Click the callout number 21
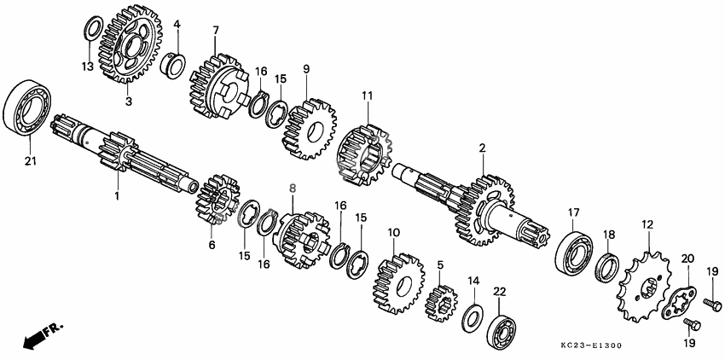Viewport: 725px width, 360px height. (x=31, y=161)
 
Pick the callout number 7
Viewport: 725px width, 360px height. (x=216, y=31)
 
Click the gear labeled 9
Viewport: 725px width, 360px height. (x=310, y=129)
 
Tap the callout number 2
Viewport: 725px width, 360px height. (x=482, y=148)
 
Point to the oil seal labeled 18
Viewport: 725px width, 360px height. (x=607, y=268)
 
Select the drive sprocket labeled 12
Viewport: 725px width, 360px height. (x=644, y=286)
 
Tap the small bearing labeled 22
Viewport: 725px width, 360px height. (x=502, y=327)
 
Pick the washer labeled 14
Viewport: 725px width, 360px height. (x=473, y=319)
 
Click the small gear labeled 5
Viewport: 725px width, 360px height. (x=441, y=303)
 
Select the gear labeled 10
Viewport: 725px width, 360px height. (x=398, y=283)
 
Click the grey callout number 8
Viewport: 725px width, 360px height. (x=293, y=189)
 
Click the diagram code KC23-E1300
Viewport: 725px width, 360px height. (x=591, y=345)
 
